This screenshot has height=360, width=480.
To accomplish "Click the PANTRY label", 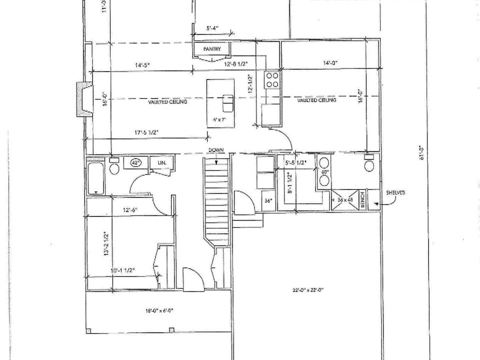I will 211,49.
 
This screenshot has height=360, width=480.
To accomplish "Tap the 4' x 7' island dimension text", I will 220,120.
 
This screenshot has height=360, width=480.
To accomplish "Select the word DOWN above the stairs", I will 216,150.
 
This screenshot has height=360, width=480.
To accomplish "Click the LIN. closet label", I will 161,163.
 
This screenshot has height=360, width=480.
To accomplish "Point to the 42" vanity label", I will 136,162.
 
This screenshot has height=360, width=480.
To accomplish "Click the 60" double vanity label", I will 324,172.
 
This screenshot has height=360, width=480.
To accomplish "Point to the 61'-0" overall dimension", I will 421,152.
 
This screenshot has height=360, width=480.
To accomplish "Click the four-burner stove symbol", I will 272,80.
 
